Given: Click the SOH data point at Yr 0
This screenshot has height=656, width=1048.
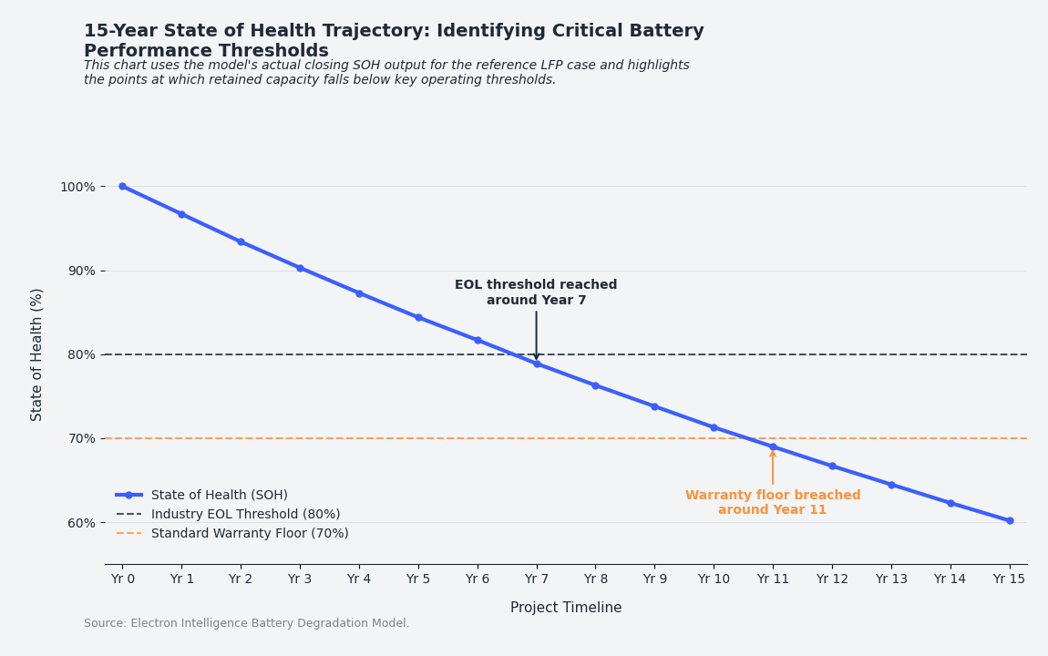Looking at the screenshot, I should tap(123, 186).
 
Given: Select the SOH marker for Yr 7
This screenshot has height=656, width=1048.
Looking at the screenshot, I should tap(537, 364).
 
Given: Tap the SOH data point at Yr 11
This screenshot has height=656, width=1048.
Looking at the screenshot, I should tap(773, 446).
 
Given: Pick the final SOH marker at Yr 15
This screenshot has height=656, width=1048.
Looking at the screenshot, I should tap(1010, 520).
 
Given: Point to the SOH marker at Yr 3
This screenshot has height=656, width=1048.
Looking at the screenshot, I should tap(300, 268).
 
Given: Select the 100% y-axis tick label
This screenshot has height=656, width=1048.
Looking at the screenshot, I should tap(77, 187).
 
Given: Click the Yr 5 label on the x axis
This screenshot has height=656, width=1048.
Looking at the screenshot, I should tap(418, 579).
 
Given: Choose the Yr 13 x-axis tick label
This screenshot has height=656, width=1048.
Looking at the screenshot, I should tap(891, 579).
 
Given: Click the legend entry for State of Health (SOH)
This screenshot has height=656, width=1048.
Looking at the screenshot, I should tap(219, 495).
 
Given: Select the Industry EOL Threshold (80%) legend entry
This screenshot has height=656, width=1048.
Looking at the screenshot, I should tap(245, 514).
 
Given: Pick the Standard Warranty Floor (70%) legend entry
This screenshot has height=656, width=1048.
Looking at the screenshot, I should tap(250, 533).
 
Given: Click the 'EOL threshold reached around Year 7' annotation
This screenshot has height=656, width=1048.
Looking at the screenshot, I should tap(536, 292).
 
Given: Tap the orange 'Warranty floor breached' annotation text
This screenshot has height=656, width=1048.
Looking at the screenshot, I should tap(773, 502).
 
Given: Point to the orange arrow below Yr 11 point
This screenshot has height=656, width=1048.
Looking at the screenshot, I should tap(773, 468).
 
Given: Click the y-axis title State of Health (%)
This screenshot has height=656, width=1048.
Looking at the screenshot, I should tap(37, 354).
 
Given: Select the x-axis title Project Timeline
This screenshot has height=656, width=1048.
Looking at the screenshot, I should tap(566, 608).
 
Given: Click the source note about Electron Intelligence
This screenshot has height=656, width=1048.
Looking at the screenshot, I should tap(247, 623).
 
